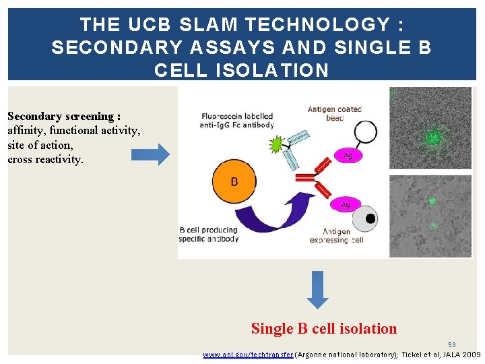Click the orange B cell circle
234,181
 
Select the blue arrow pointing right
150,154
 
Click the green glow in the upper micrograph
432,137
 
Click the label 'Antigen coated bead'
335,113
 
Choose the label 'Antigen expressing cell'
336,236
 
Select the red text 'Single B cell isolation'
324,329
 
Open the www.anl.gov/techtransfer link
248,355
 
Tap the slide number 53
452,345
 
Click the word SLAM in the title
209,25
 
